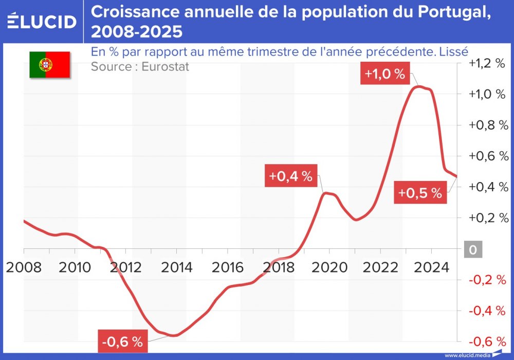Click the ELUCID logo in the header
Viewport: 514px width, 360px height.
(41, 21)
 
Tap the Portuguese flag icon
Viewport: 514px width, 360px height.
(49, 65)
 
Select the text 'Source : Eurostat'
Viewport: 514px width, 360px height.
(140, 67)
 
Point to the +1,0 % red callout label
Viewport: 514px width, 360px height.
(385, 74)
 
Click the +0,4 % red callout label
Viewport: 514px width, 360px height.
(290, 176)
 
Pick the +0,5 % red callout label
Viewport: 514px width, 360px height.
(420, 193)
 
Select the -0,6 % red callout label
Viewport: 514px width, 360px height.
(122, 342)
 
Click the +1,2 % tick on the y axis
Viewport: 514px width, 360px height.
(487, 63)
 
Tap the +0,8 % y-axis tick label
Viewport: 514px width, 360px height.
(487, 125)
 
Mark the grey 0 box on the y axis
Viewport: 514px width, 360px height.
(472, 250)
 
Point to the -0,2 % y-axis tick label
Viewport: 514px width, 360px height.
(487, 280)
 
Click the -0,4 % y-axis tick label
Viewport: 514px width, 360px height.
(487, 311)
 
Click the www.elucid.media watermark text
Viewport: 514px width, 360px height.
(467, 355)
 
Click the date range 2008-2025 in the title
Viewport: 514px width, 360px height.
(136, 32)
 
